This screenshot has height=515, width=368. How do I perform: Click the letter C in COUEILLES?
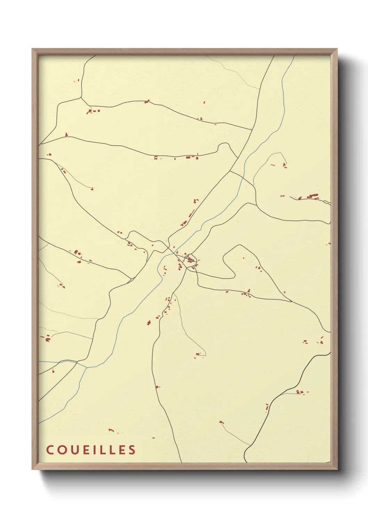coord(50,450)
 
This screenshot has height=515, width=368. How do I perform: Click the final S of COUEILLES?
coord(132,450)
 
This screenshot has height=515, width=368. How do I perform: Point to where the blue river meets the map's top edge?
coord(294,56)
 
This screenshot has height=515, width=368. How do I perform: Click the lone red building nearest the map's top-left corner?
coord(78,80)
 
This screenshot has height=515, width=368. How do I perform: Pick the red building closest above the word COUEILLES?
coord(111,430)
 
